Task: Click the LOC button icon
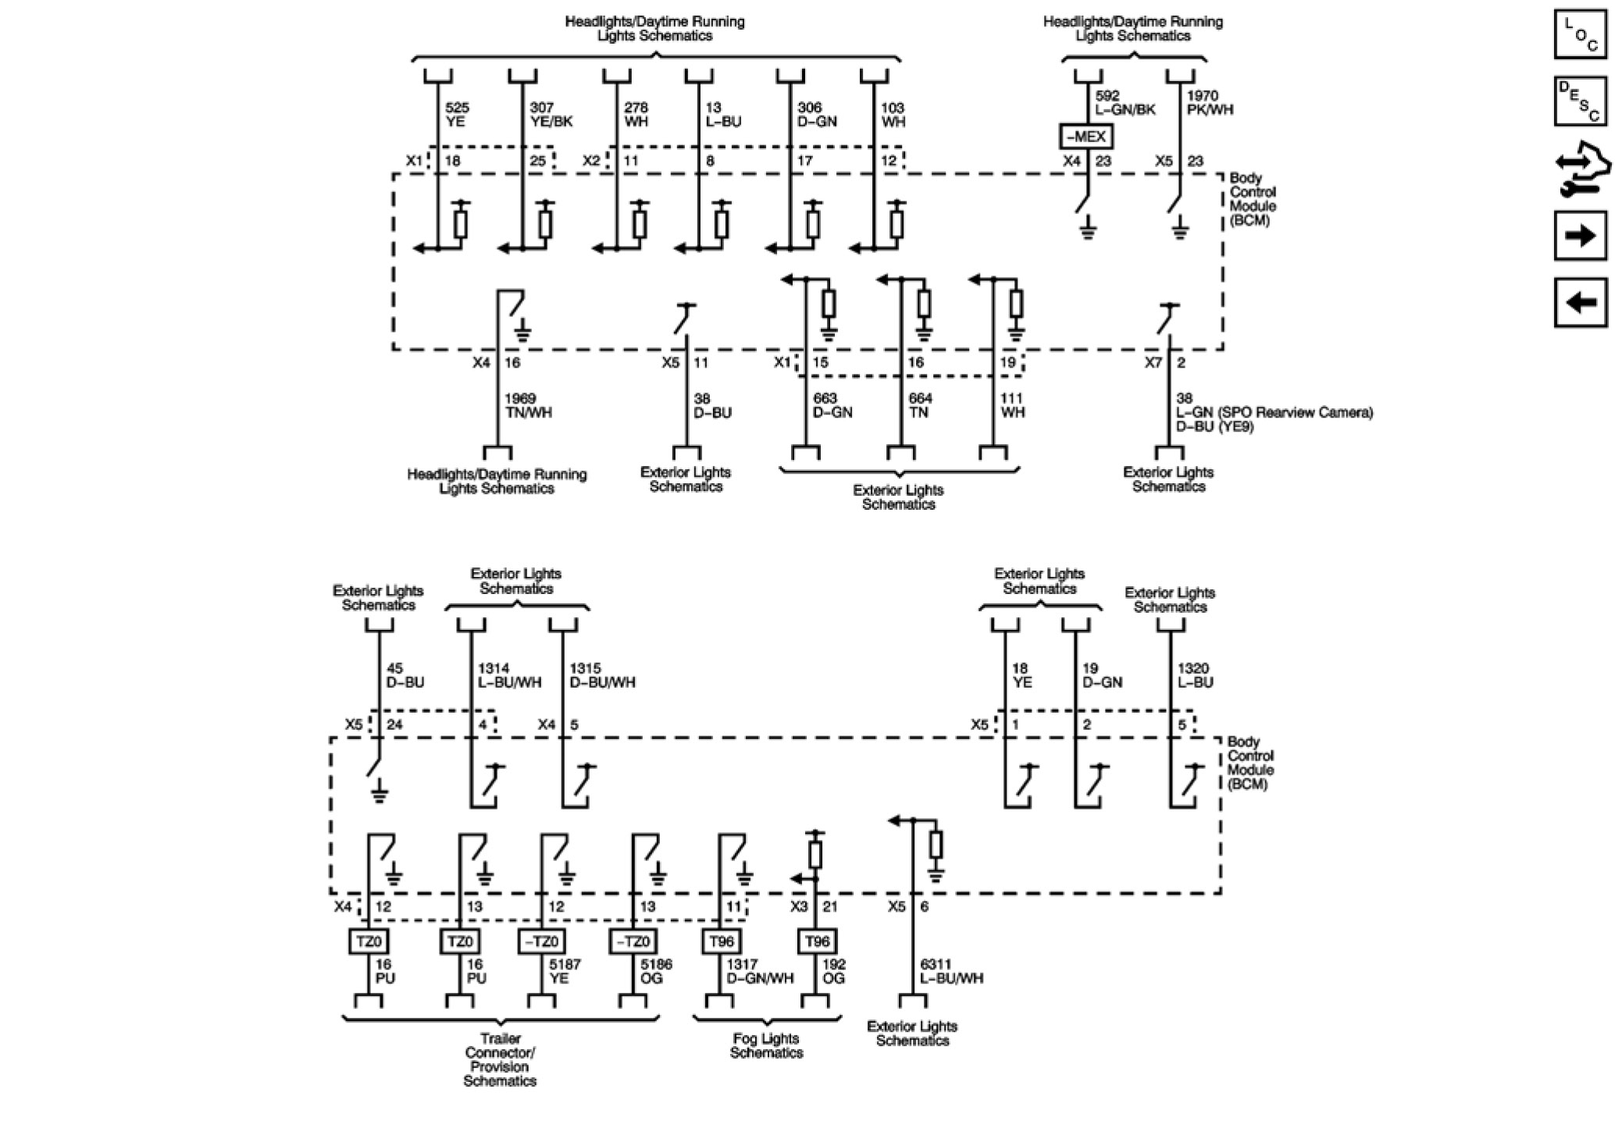(1581, 34)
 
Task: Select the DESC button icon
(1581, 101)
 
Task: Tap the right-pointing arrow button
(1581, 235)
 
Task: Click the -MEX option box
(1086, 137)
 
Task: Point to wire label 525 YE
(457, 115)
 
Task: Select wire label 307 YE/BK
(551, 115)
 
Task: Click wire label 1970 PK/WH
(1210, 103)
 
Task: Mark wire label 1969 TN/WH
(528, 405)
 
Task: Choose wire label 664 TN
(920, 405)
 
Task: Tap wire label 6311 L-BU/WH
(951, 971)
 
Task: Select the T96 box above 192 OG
(817, 941)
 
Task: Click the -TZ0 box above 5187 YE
(540, 941)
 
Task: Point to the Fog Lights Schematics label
(766, 1045)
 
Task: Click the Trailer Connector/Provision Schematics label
(500, 1059)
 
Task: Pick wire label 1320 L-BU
(1195, 675)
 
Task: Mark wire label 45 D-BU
(405, 675)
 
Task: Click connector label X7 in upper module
(1153, 363)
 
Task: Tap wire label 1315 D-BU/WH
(602, 675)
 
